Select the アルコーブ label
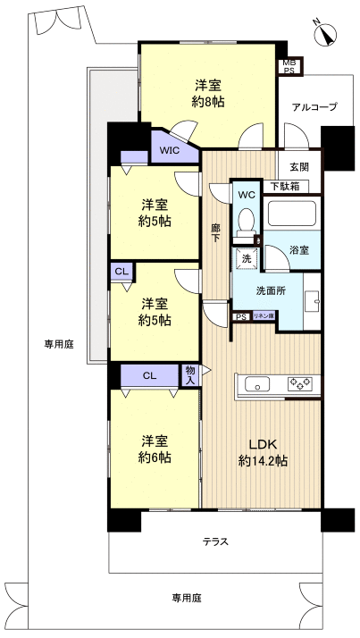click(314, 107)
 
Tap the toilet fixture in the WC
click(246, 222)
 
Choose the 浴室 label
click(299, 251)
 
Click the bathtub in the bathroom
click(292, 215)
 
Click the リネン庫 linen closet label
click(264, 316)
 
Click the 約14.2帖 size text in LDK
click(263, 461)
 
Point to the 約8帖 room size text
click(208, 102)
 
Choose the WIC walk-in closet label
click(170, 150)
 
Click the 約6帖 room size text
click(155, 458)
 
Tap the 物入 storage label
click(189, 374)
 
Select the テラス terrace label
click(214, 541)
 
